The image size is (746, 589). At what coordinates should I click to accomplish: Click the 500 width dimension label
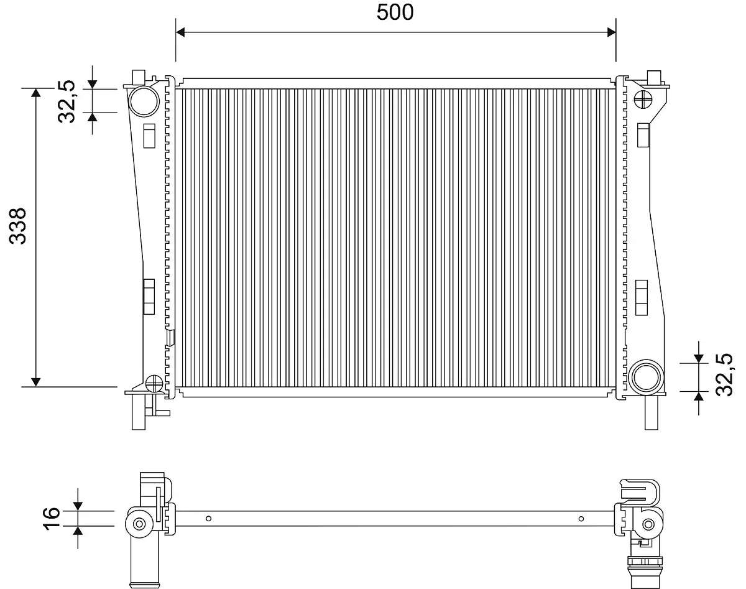(395, 12)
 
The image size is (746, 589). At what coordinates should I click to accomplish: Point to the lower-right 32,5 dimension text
(724, 374)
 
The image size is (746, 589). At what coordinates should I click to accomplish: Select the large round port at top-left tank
(143, 100)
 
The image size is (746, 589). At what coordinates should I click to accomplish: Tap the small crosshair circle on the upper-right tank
(644, 100)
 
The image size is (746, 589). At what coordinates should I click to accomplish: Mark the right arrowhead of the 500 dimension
(610, 32)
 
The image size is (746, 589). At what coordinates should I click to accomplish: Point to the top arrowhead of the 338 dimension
(35, 93)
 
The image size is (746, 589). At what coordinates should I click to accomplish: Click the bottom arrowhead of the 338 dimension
(35, 381)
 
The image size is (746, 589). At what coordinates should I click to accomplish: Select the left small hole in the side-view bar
(209, 518)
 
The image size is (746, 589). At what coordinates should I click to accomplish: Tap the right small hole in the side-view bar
(581, 518)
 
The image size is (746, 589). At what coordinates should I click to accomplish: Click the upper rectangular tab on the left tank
(149, 136)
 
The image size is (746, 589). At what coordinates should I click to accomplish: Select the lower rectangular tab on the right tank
(643, 297)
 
